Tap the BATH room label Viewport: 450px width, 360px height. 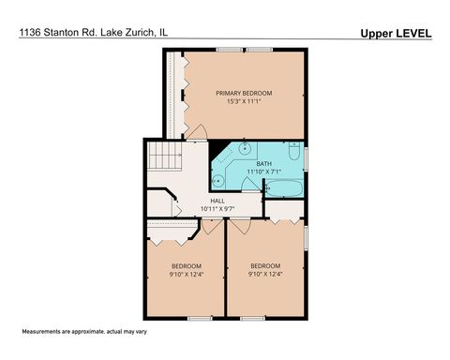(x=263, y=163)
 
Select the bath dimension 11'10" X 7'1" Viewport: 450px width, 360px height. (x=263, y=172)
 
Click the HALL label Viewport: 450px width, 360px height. (x=217, y=200)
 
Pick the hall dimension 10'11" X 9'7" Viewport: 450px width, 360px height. (x=217, y=208)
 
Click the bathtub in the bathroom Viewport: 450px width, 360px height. (x=282, y=189)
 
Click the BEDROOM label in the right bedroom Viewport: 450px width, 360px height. (x=265, y=265)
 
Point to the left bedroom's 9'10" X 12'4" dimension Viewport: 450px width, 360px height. (x=186, y=275)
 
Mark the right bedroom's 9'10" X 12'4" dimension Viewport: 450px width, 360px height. (x=265, y=275)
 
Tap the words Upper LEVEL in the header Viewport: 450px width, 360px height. (x=395, y=34)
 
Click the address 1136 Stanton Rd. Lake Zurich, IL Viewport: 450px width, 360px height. (x=92, y=34)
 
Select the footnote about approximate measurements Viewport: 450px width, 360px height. (x=80, y=333)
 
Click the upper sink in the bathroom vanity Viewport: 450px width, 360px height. (x=245, y=147)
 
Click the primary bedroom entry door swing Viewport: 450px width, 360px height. (x=194, y=134)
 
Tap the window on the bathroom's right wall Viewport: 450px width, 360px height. (x=307, y=156)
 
